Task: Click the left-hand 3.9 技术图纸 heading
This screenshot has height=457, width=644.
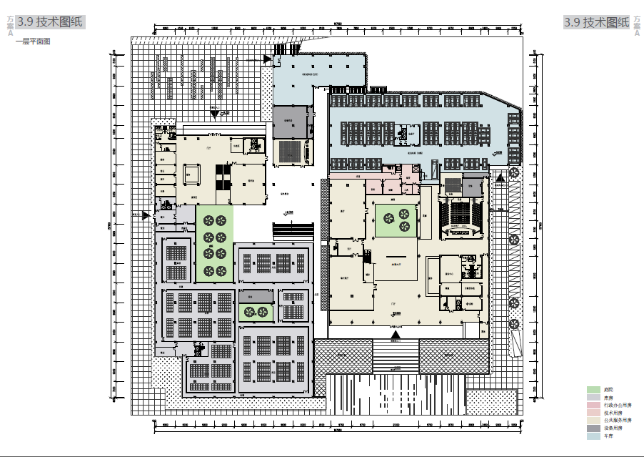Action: click(x=49, y=22)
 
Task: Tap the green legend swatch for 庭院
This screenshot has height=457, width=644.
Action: click(x=593, y=390)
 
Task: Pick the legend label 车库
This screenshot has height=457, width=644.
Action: click(x=608, y=436)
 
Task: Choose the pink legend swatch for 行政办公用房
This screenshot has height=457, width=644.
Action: click(x=593, y=405)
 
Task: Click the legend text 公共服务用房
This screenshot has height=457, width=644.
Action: click(x=617, y=421)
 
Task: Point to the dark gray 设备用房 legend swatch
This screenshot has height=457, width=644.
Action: click(x=593, y=428)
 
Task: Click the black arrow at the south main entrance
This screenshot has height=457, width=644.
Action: click(x=396, y=333)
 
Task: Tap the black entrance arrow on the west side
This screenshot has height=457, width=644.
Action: click(x=146, y=215)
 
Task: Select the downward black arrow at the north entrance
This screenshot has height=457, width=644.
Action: click(x=214, y=114)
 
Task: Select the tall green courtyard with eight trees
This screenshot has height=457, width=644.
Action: click(x=215, y=244)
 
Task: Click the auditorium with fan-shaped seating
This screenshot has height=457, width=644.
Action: click(x=461, y=216)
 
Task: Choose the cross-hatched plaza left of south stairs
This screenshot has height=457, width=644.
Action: click(x=343, y=356)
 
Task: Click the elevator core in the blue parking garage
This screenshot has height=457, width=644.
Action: click(x=410, y=133)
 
